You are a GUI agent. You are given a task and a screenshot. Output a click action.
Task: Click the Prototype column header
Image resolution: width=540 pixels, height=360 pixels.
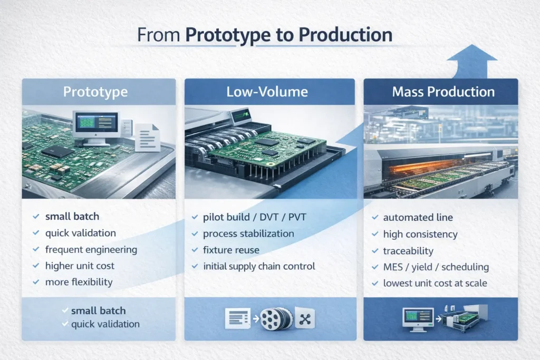click(95, 92)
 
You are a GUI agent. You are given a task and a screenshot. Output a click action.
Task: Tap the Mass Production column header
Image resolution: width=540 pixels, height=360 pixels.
click(443, 92)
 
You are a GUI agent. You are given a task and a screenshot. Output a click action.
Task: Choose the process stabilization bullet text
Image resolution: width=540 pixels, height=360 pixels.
click(249, 233)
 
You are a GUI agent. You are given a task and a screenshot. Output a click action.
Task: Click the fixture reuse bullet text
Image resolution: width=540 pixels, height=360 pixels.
click(231, 250)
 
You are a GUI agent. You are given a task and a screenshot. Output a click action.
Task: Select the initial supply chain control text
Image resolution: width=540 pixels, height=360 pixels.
click(259, 266)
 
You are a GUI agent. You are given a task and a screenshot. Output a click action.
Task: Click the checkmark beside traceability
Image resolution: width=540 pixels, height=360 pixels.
click(374, 251)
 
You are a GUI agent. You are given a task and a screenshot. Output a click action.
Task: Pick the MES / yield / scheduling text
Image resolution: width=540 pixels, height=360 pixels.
click(436, 267)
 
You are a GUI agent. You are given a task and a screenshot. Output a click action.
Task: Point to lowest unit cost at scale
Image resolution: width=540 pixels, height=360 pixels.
click(435, 283)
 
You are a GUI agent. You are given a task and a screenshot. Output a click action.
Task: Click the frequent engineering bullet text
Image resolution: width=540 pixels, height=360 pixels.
click(91, 249)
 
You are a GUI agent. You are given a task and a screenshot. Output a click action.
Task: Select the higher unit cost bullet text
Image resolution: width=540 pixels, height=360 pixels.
click(80, 266)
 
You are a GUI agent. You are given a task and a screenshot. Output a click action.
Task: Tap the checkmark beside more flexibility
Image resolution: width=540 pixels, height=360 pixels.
click(36, 282)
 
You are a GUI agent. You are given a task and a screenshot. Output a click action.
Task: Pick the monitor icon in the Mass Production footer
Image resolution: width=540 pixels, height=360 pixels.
click(417, 318)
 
